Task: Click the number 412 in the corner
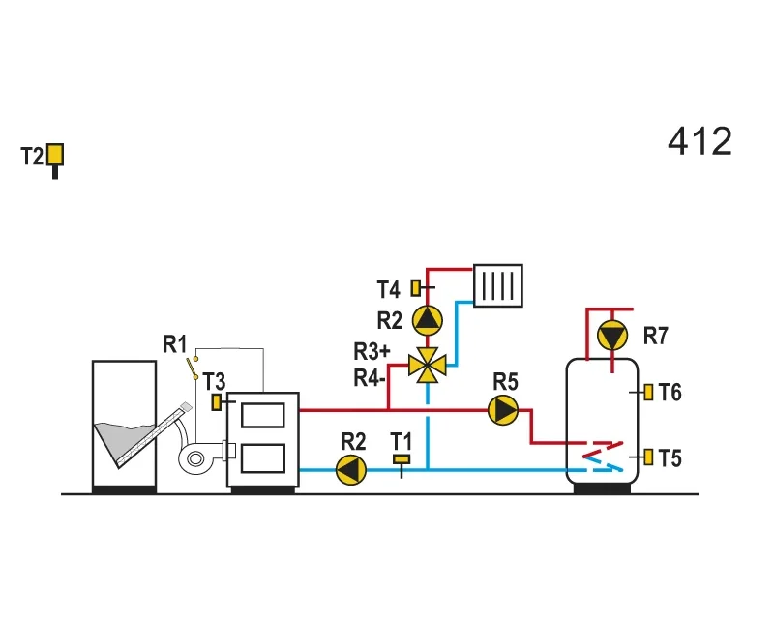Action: click(x=700, y=141)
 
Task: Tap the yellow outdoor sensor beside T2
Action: click(x=55, y=155)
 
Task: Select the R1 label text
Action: click(x=175, y=344)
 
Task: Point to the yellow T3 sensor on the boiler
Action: click(x=216, y=402)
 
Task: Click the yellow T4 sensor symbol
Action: click(x=416, y=288)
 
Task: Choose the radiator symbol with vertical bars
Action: click(x=498, y=286)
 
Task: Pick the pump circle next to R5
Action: click(x=503, y=410)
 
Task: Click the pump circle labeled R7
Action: click(x=612, y=336)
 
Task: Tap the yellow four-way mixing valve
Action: click(x=428, y=366)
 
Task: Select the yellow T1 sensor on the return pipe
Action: click(x=402, y=459)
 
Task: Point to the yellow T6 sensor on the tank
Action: click(x=648, y=393)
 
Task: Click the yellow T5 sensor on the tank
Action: click(x=648, y=457)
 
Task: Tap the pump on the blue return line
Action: click(x=351, y=469)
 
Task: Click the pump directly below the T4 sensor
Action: click(x=428, y=320)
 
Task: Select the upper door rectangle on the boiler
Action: click(x=263, y=415)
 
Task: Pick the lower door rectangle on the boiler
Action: click(x=263, y=458)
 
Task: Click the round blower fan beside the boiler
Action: click(x=196, y=459)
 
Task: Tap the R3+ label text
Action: click(x=372, y=351)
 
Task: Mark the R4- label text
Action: click(x=370, y=378)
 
